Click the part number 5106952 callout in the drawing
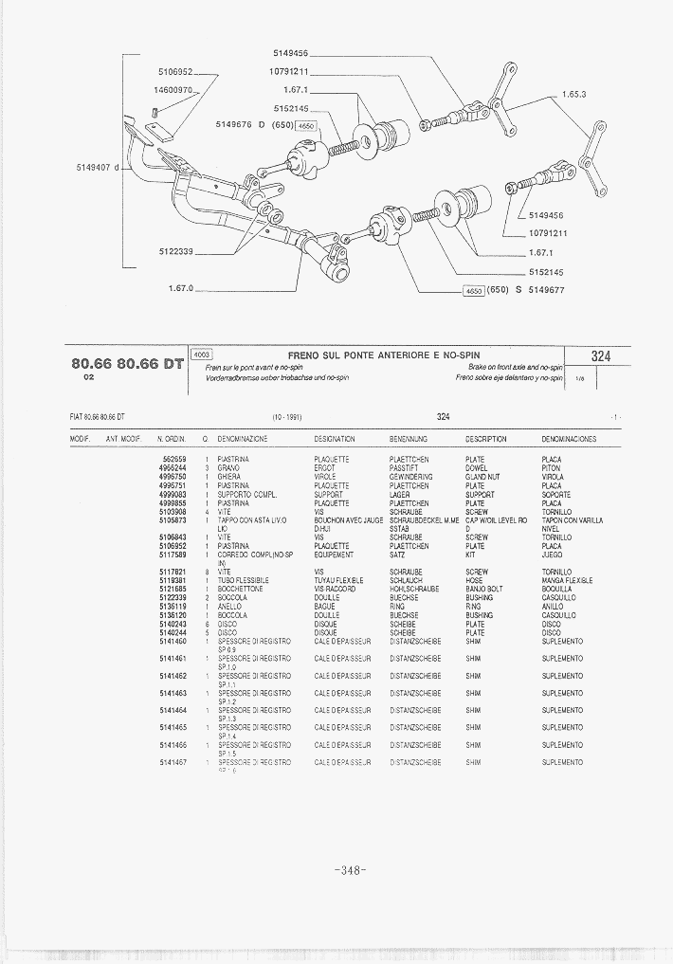coord(175,71)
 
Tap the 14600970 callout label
coord(173,90)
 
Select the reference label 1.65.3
coord(574,95)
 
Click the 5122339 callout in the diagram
coord(175,251)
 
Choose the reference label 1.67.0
coord(178,288)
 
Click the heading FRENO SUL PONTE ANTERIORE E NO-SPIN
coord(390,355)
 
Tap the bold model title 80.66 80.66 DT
coord(127,363)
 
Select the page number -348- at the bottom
coord(350,871)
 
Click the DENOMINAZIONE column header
coord(243,440)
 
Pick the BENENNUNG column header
coord(409,440)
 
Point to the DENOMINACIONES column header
coord(569,440)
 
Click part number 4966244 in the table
coord(173,468)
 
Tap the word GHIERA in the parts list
coord(229,477)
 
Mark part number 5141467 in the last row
coord(173,762)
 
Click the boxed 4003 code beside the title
coord(202,355)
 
